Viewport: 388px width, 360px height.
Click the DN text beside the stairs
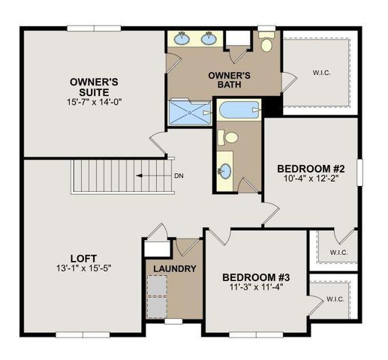pos(178,175)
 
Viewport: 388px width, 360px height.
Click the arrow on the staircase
pos(151,175)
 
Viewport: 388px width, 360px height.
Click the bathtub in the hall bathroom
pos(238,111)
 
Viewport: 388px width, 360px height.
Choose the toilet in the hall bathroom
pos(230,137)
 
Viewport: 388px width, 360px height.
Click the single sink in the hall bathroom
pos(224,167)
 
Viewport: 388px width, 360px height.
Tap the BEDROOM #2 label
pos(309,167)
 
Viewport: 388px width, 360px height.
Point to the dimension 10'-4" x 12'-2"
pos(309,178)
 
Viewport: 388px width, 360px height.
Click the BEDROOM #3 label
pos(255,277)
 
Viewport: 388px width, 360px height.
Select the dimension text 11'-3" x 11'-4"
pos(255,288)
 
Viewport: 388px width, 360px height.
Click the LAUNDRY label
pos(174,268)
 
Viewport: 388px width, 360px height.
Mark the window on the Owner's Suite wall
pos(89,28)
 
